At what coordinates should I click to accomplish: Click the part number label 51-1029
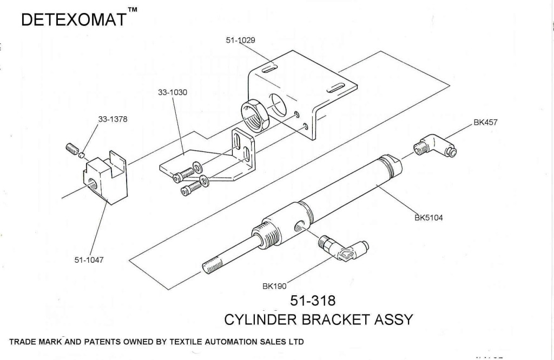(x=240, y=40)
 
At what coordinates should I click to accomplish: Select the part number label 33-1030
(x=173, y=92)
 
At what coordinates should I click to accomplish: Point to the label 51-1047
(x=89, y=260)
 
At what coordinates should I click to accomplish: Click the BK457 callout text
(x=485, y=123)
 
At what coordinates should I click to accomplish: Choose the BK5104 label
(x=428, y=218)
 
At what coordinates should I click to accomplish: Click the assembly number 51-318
(x=313, y=300)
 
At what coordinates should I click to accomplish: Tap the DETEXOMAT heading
(x=75, y=20)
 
